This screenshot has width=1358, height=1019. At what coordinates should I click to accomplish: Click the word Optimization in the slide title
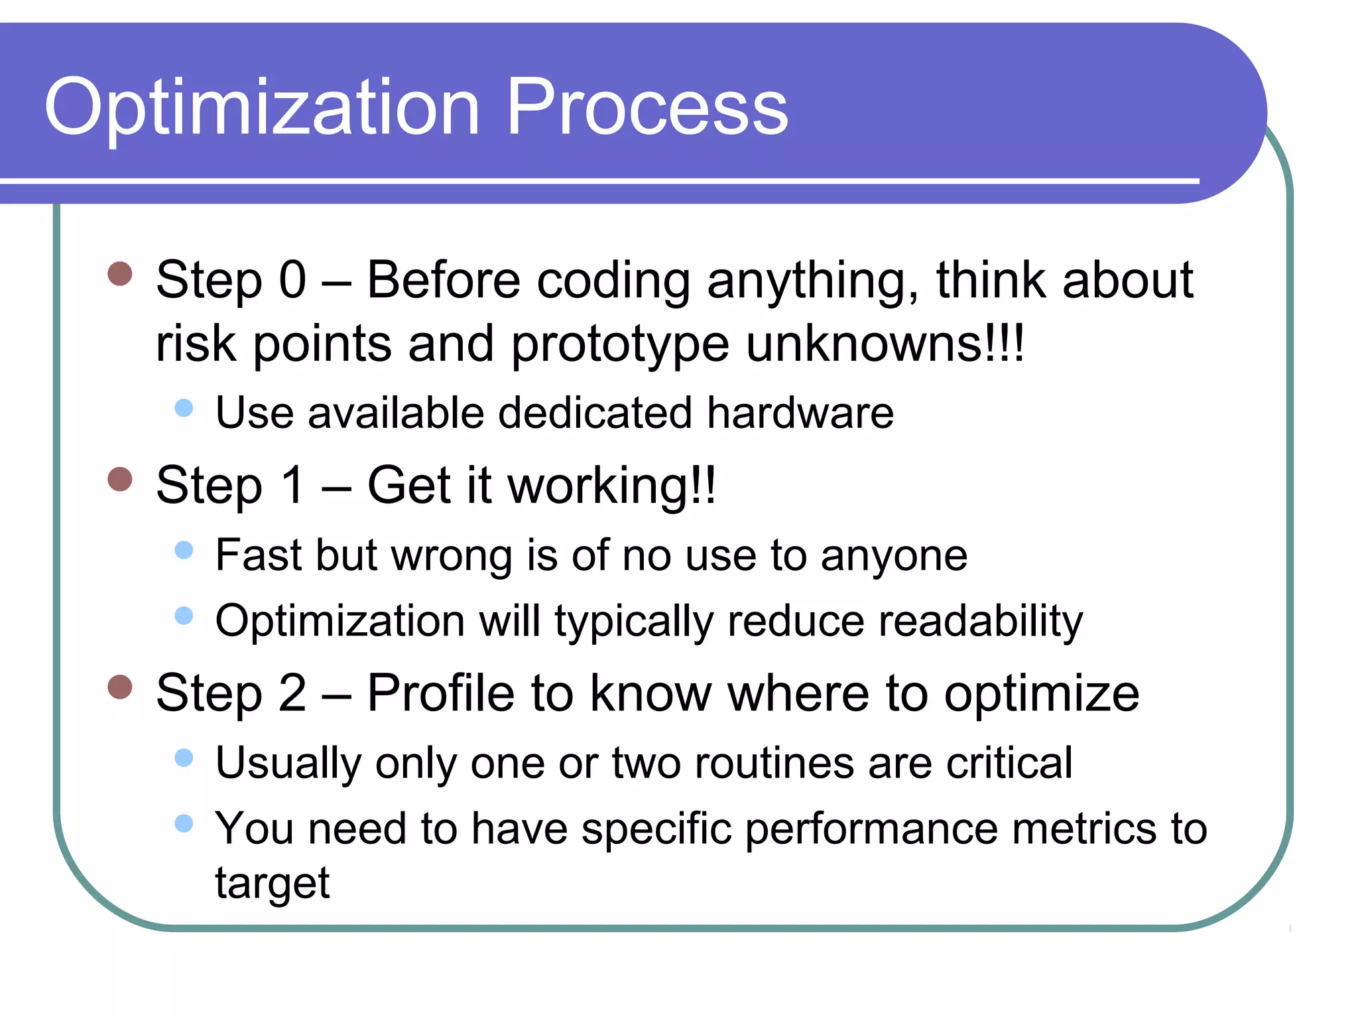(262, 107)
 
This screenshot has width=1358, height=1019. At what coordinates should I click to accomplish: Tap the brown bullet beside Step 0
(120, 273)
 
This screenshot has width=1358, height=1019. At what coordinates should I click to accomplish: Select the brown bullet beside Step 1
(120, 478)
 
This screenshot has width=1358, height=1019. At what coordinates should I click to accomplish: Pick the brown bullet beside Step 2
(120, 687)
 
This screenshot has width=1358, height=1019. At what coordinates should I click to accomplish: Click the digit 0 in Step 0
(292, 280)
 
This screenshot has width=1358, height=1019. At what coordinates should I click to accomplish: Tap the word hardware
(800, 413)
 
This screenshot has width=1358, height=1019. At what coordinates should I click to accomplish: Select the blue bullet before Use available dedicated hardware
(184, 407)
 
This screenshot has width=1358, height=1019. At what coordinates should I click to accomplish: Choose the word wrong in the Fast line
(452, 556)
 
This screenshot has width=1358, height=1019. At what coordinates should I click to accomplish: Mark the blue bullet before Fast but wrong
(184, 549)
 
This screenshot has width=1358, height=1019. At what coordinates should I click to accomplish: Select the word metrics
(1083, 829)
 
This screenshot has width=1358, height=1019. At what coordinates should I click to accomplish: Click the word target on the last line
(272, 884)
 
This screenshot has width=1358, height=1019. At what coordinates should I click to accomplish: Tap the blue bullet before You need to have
(184, 823)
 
